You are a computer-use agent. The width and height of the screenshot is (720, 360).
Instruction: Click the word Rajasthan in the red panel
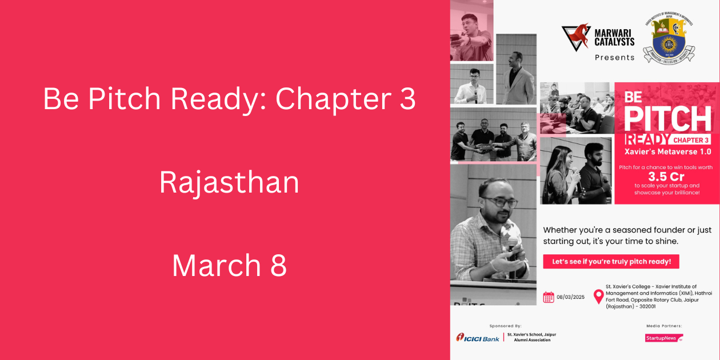click(x=229, y=183)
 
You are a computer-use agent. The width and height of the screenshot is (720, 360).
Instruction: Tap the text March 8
click(x=229, y=266)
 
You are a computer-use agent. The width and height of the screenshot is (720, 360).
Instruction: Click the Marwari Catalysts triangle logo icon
click(x=575, y=37)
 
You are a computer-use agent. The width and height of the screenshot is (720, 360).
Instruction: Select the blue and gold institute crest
click(x=669, y=38)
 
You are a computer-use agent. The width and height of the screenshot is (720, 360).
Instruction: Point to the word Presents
click(x=614, y=58)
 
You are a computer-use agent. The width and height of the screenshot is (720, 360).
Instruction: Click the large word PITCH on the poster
click(x=667, y=118)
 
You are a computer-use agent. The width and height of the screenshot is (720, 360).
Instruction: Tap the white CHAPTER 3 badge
click(x=690, y=140)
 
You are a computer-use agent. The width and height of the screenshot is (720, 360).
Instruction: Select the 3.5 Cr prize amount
click(x=666, y=176)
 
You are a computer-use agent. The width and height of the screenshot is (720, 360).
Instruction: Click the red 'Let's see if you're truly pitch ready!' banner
click(x=611, y=262)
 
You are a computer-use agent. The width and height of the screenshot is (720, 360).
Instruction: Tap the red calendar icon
click(x=549, y=297)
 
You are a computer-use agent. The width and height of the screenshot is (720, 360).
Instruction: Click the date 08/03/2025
click(x=570, y=297)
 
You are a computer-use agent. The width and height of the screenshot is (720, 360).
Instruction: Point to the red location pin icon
click(x=598, y=296)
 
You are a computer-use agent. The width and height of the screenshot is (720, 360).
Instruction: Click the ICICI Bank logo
click(x=478, y=338)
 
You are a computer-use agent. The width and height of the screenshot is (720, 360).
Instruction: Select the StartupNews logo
click(x=663, y=338)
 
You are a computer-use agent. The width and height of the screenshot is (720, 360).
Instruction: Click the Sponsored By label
click(x=505, y=326)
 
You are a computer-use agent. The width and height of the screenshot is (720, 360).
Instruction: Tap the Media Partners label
click(x=664, y=326)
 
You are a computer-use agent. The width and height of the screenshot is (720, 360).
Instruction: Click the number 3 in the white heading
click(x=406, y=99)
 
